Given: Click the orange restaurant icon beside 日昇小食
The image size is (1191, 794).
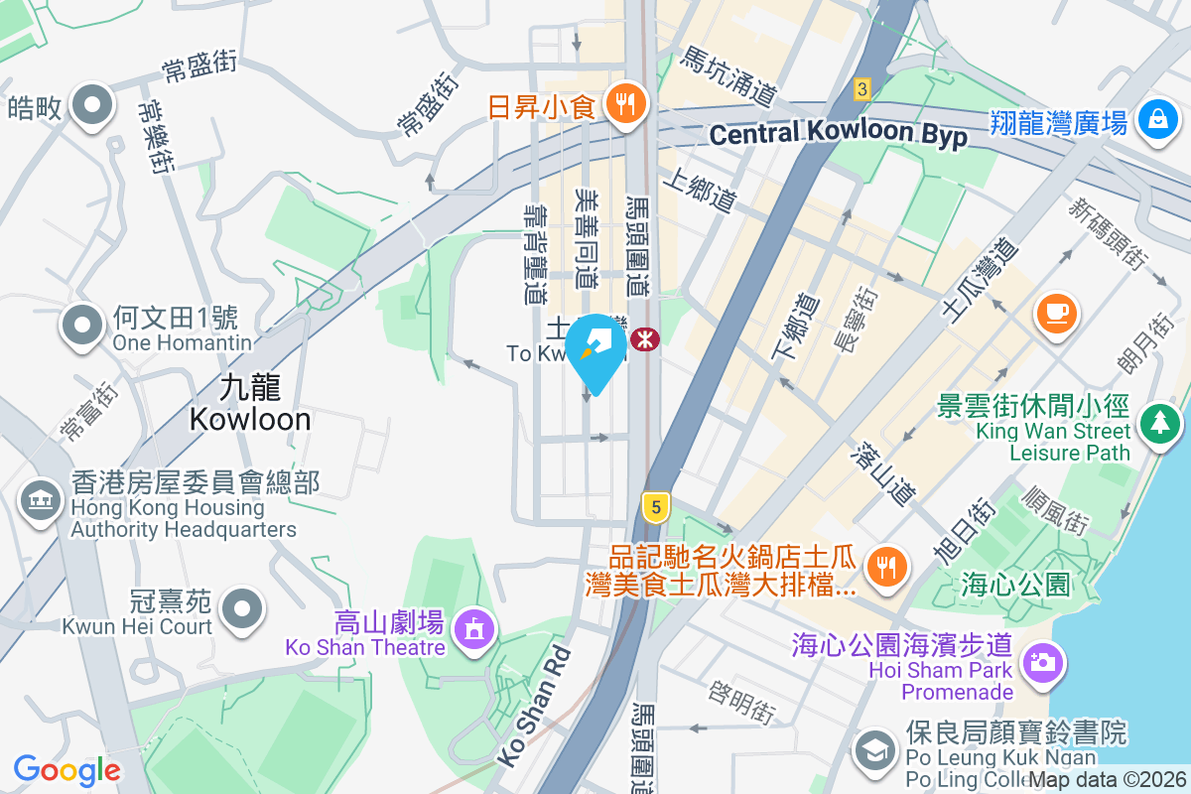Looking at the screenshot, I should click(x=624, y=102).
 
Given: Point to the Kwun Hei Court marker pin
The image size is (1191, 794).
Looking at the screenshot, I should click(x=242, y=607).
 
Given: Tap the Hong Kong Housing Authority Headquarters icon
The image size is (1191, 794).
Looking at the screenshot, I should click(x=40, y=499).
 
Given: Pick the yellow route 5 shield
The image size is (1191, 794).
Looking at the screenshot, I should click(x=653, y=507).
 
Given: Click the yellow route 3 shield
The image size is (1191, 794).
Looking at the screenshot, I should click(x=861, y=89).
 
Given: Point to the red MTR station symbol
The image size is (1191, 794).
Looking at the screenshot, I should click(x=645, y=339).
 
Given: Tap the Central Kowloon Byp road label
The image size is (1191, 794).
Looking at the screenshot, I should click(x=839, y=133).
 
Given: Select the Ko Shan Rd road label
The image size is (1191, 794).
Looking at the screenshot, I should click(x=534, y=706).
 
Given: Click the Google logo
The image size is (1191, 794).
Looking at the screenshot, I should click(x=66, y=769).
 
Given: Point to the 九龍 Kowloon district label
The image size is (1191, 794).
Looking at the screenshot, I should click(x=250, y=403).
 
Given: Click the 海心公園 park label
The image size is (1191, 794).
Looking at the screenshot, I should click(x=1015, y=585).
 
